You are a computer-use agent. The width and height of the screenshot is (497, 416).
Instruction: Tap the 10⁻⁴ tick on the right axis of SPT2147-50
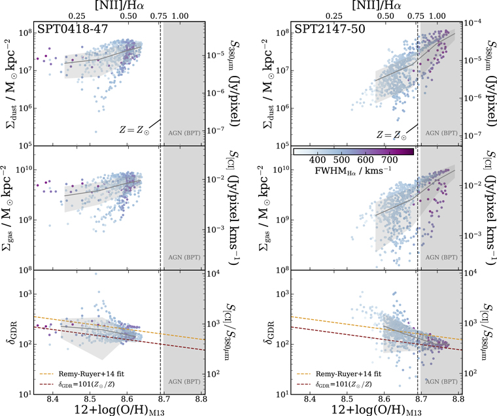click(x=473, y=22)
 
